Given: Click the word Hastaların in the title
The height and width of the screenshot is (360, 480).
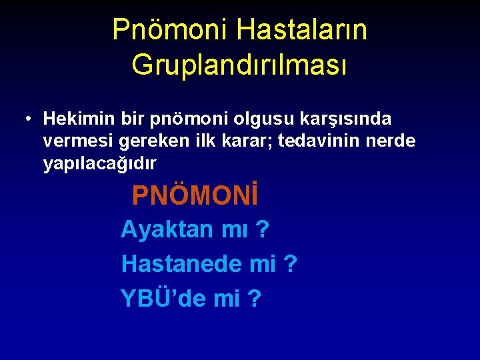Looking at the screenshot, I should pyautogui.click(x=301, y=29).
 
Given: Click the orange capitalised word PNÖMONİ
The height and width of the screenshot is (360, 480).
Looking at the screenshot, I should pyautogui.click(x=195, y=196).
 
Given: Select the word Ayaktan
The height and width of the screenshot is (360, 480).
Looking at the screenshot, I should pyautogui.click(x=164, y=230).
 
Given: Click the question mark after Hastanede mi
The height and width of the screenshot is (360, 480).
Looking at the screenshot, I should pyautogui.click(x=290, y=264).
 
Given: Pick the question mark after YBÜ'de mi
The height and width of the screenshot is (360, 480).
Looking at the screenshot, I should pyautogui.click(x=254, y=299).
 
